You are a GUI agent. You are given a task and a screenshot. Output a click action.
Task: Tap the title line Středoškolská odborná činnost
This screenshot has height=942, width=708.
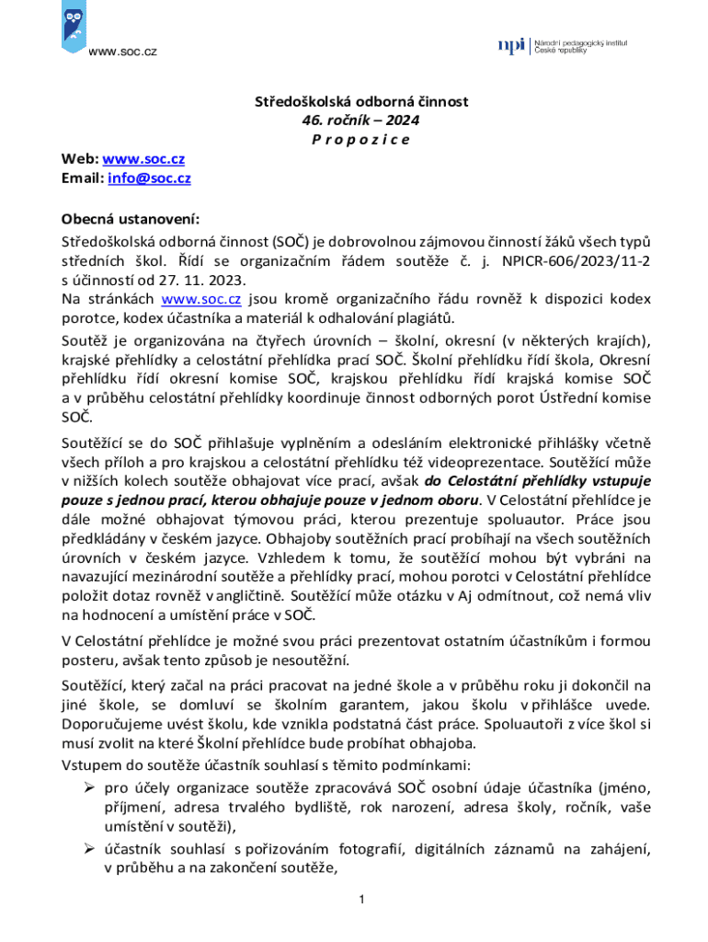coord(353,101)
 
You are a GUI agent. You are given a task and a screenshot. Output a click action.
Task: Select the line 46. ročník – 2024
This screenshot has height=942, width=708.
coord(354,121)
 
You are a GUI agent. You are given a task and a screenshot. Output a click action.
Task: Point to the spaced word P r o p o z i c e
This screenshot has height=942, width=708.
coord(354,140)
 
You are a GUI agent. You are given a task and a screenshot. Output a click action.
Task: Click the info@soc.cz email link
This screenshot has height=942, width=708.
coord(149,178)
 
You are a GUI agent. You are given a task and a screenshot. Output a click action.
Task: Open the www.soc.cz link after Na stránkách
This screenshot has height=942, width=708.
coord(200,299)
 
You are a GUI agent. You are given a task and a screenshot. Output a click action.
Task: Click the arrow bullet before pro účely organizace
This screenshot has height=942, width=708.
coord(90,788)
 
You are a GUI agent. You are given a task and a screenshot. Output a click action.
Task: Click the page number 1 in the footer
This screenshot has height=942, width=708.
coord(362,899)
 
